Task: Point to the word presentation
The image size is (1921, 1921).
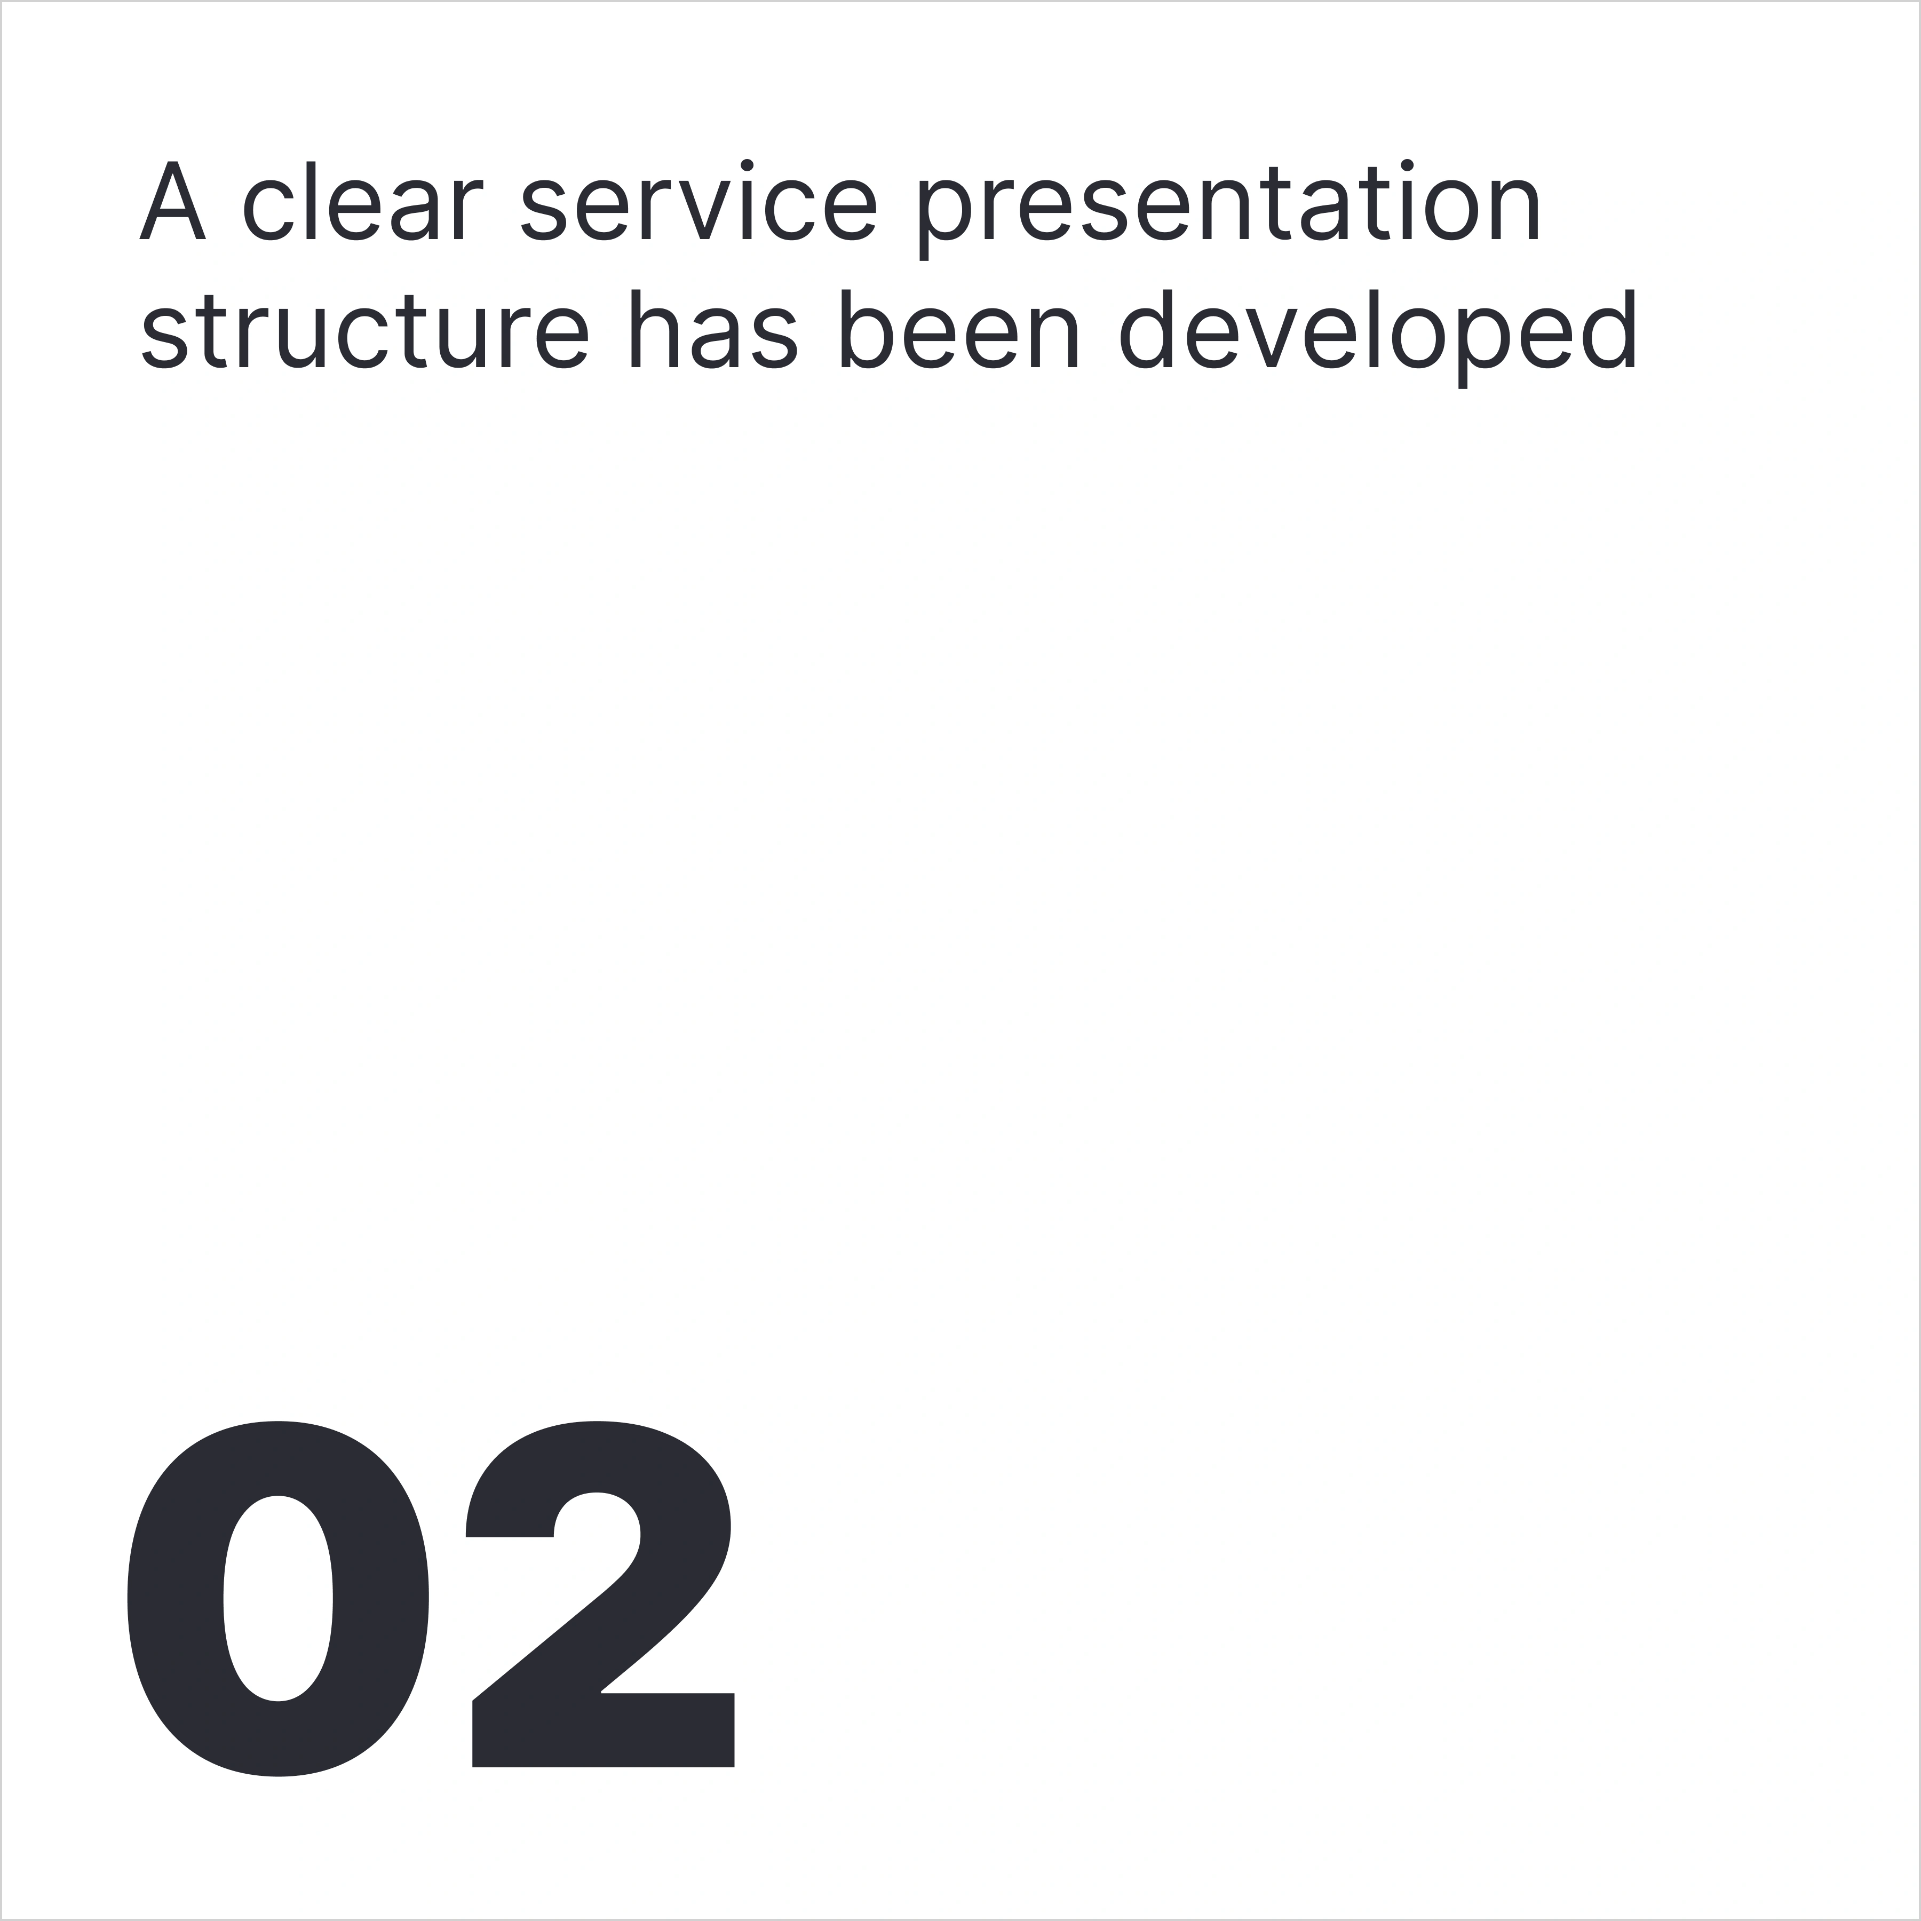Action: click(x=1229, y=209)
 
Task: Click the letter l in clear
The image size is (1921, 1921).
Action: click(x=311, y=200)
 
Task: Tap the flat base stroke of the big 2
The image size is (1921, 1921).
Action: click(x=602, y=1731)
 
